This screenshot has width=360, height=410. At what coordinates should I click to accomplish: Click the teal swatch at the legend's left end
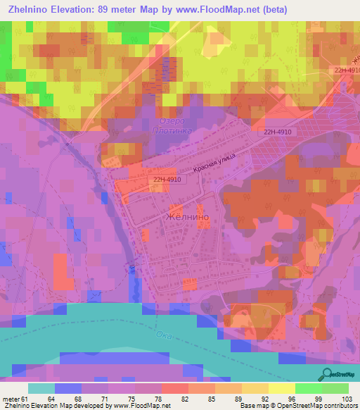pos(41,388)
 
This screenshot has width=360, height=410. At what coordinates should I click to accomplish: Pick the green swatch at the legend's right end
pos(335,388)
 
